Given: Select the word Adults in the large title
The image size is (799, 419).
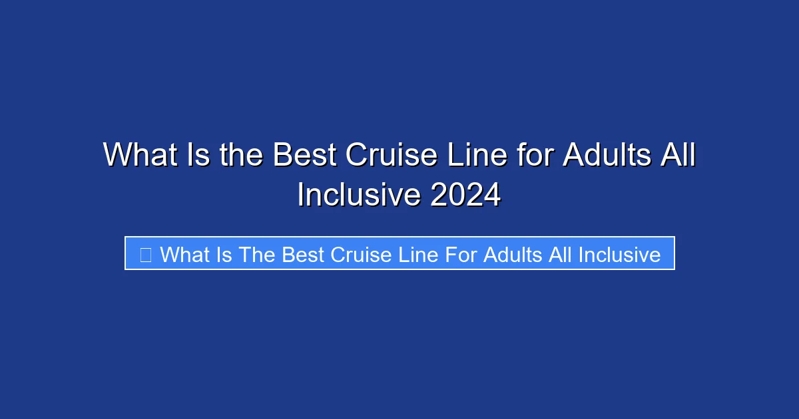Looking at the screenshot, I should pos(604,156).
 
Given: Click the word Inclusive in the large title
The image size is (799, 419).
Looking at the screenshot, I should pos(359,196).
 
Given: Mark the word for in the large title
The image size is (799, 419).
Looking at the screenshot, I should pos(535,156).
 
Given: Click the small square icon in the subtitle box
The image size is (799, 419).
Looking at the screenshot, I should pos(146,254).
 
